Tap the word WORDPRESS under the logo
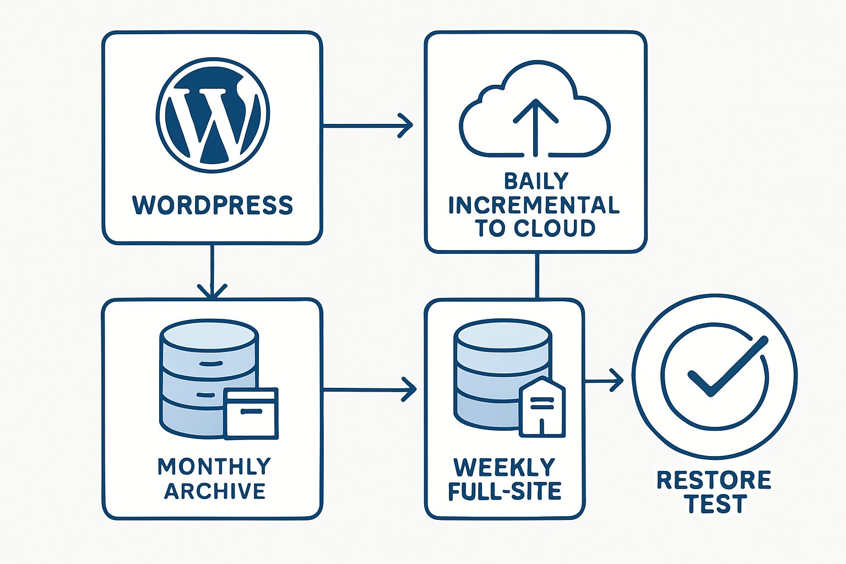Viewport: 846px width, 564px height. click(213, 205)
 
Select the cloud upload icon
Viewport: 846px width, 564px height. click(535, 110)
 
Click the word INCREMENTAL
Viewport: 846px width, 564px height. click(534, 204)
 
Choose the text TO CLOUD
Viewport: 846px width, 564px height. click(535, 227)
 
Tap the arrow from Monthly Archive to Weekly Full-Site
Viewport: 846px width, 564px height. click(369, 390)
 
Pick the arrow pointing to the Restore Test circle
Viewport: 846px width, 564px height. click(604, 380)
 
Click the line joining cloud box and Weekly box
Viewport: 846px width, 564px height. click(538, 275)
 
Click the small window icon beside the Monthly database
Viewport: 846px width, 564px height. click(251, 413)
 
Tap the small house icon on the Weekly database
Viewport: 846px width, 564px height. click(543, 408)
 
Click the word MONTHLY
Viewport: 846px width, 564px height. click(214, 467)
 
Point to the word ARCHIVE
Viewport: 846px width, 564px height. click(215, 491)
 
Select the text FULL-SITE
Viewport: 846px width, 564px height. click(505, 491)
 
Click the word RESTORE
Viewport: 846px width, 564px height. click(714, 480)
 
